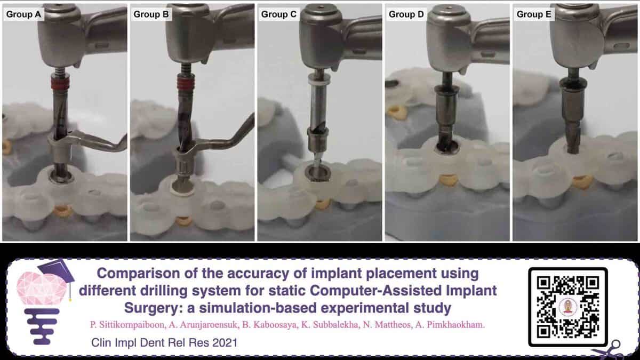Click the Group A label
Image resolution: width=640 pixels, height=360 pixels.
pyautogui.click(x=23, y=14)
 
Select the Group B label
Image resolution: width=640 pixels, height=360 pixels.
pyautogui.click(x=151, y=14)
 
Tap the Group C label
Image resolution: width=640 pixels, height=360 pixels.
pyautogui.click(x=278, y=14)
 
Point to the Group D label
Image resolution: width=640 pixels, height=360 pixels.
pyautogui.click(x=406, y=14)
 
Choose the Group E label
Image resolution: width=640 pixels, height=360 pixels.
pyautogui.click(x=534, y=14)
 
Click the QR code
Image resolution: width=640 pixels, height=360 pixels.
pyautogui.click(x=568, y=307)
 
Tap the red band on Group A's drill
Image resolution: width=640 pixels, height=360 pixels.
pyautogui.click(x=60, y=82)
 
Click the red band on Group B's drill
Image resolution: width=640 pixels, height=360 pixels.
pyautogui.click(x=186, y=82)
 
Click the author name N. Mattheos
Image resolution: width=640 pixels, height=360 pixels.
pyautogui.click(x=386, y=325)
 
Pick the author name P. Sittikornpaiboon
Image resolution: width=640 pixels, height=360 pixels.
pyautogui.click(x=127, y=325)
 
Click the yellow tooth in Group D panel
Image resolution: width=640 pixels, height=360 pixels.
pyautogui.click(x=449, y=181)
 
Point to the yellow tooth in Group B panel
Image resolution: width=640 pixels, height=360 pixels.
pyautogui.click(x=183, y=221)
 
